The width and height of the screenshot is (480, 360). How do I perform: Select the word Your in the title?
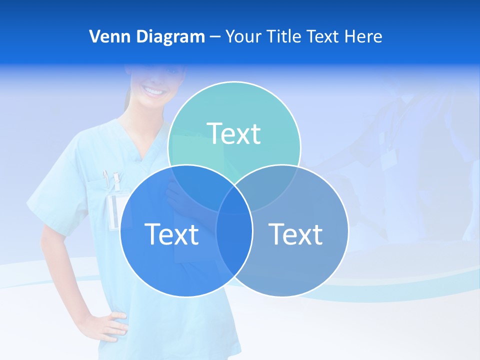coord(244,36)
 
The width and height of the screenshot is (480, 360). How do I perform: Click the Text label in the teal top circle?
coord(234,133)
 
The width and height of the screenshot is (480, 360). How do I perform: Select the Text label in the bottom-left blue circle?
coord(171,234)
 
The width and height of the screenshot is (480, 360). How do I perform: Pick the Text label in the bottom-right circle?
coord(295,234)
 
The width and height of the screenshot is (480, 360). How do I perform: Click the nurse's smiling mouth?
coord(154,91)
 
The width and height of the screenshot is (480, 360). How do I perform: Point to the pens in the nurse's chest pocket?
coord(111,179)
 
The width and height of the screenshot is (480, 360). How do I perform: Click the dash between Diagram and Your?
coord(215,36)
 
